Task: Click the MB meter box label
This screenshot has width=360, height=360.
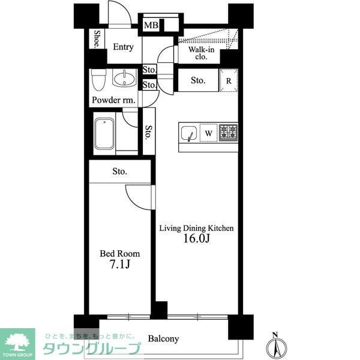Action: pyautogui.click(x=151, y=25)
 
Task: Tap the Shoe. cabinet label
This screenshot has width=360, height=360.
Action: pyautogui.click(x=97, y=39)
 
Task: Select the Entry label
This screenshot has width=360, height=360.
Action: pyautogui.click(x=123, y=47)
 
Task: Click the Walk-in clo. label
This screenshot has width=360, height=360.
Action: pyautogui.click(x=201, y=53)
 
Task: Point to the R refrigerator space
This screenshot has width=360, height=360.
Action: pyautogui.click(x=229, y=80)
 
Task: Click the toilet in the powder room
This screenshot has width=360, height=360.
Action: pyautogui.click(x=98, y=80)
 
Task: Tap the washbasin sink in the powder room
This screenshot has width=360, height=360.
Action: pyautogui.click(x=124, y=78)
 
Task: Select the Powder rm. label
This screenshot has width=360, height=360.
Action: pyautogui.click(x=113, y=100)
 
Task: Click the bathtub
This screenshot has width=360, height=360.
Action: pyautogui.click(x=104, y=134)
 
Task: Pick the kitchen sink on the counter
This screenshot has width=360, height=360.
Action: pyautogui.click(x=189, y=133)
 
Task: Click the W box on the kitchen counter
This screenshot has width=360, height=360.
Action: pyautogui.click(x=208, y=133)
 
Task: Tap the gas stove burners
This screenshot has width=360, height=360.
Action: pyautogui.click(x=228, y=133)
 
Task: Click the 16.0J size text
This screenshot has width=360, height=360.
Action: pyautogui.click(x=197, y=239)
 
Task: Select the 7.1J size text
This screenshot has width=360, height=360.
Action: pyautogui.click(x=120, y=264)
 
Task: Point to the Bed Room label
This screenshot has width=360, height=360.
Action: pyautogui.click(x=120, y=254)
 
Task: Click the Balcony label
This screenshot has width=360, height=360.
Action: pyautogui.click(x=163, y=338)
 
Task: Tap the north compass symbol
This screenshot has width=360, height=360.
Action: pyautogui.click(x=277, y=346)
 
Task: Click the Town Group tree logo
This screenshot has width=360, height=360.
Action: pyautogui.click(x=17, y=344)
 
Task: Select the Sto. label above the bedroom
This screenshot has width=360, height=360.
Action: pyautogui.click(x=119, y=171)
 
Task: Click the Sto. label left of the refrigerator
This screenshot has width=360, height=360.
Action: pyautogui.click(x=198, y=80)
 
